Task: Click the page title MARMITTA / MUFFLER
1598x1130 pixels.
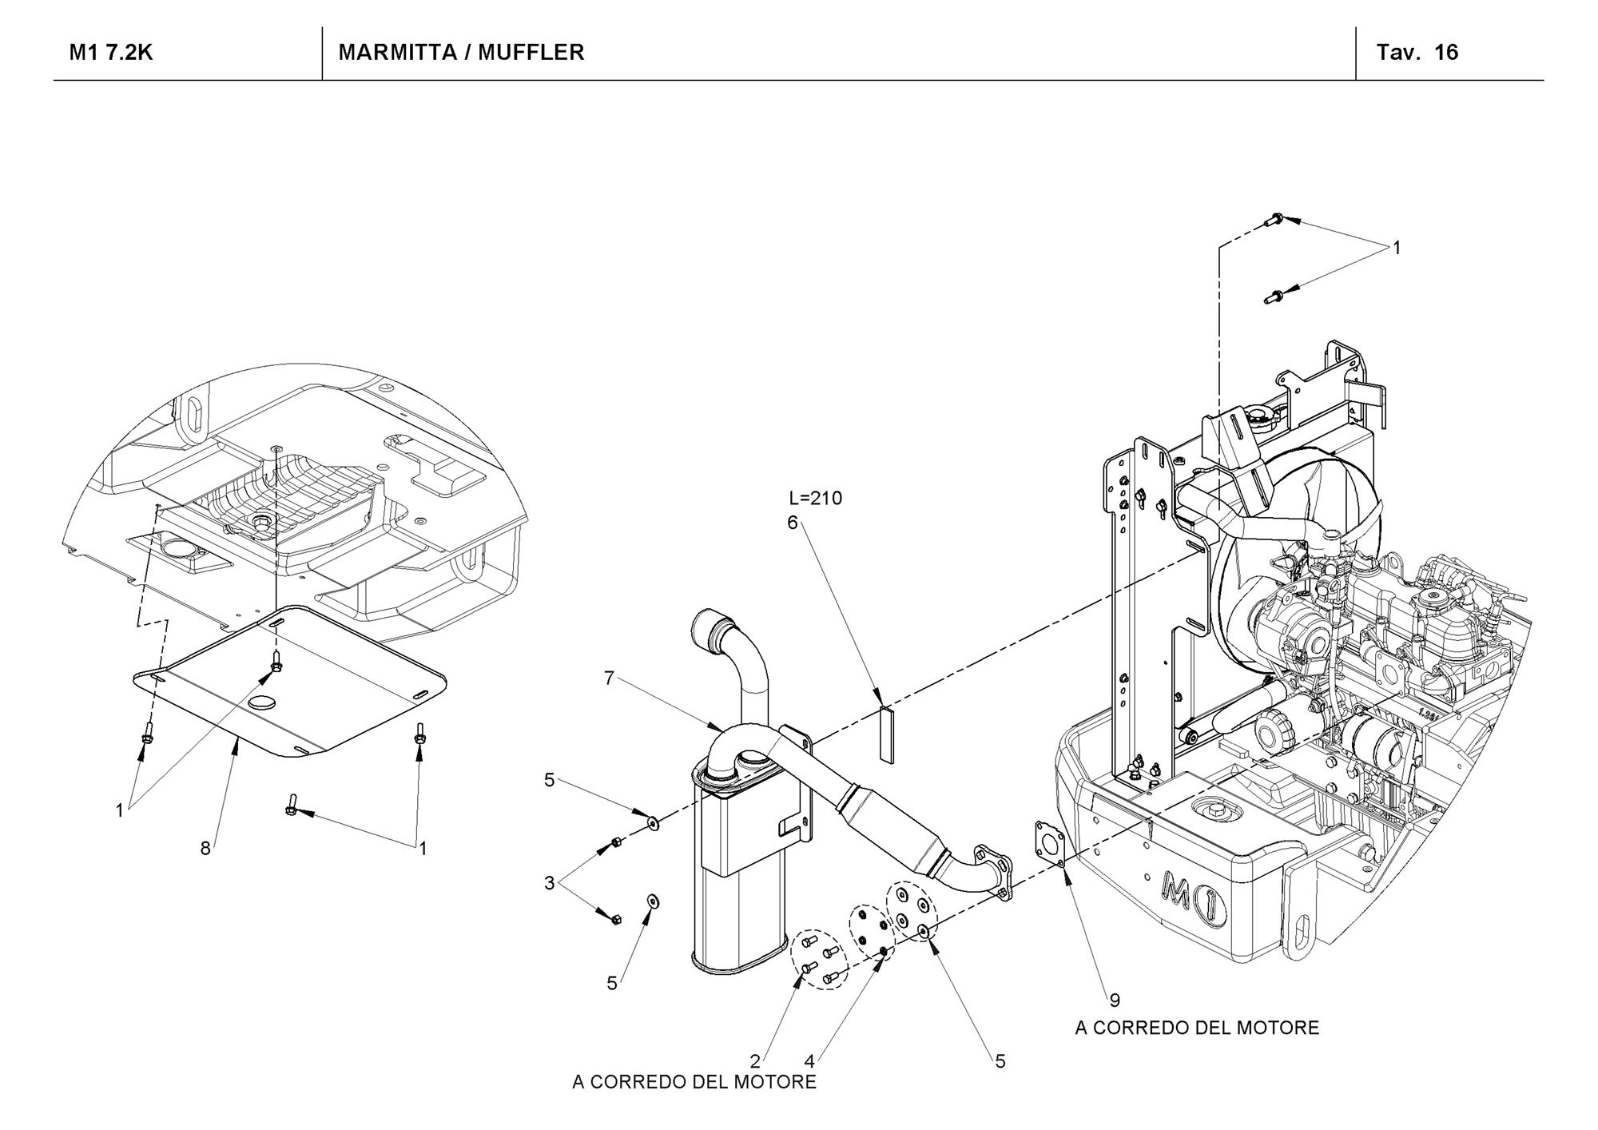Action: pos(461,53)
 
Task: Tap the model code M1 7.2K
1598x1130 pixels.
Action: pos(111,53)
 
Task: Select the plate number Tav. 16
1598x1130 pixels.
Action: pos(1417,53)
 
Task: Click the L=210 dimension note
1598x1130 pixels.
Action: pos(816,499)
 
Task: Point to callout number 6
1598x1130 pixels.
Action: pos(793,523)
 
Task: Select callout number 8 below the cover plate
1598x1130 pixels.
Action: pos(205,849)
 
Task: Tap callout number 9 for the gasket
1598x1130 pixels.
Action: pos(1115,1000)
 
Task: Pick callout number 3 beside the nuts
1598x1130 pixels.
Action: pos(549,883)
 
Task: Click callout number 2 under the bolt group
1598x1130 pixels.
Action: pos(755,1061)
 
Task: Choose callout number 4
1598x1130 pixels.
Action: pos(809,1061)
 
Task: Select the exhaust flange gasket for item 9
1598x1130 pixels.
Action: pos(1050,843)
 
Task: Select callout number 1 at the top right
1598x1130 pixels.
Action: pos(1397,249)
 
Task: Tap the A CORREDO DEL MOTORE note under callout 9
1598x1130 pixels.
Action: pos(1197,1028)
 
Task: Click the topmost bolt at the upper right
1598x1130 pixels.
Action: pos(1275,219)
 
